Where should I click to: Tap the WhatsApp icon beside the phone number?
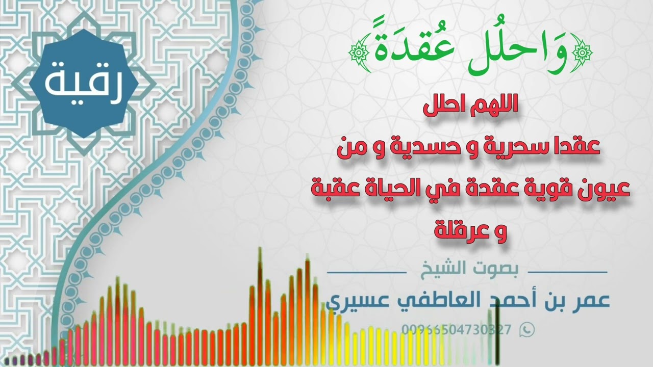coord(527,330)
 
